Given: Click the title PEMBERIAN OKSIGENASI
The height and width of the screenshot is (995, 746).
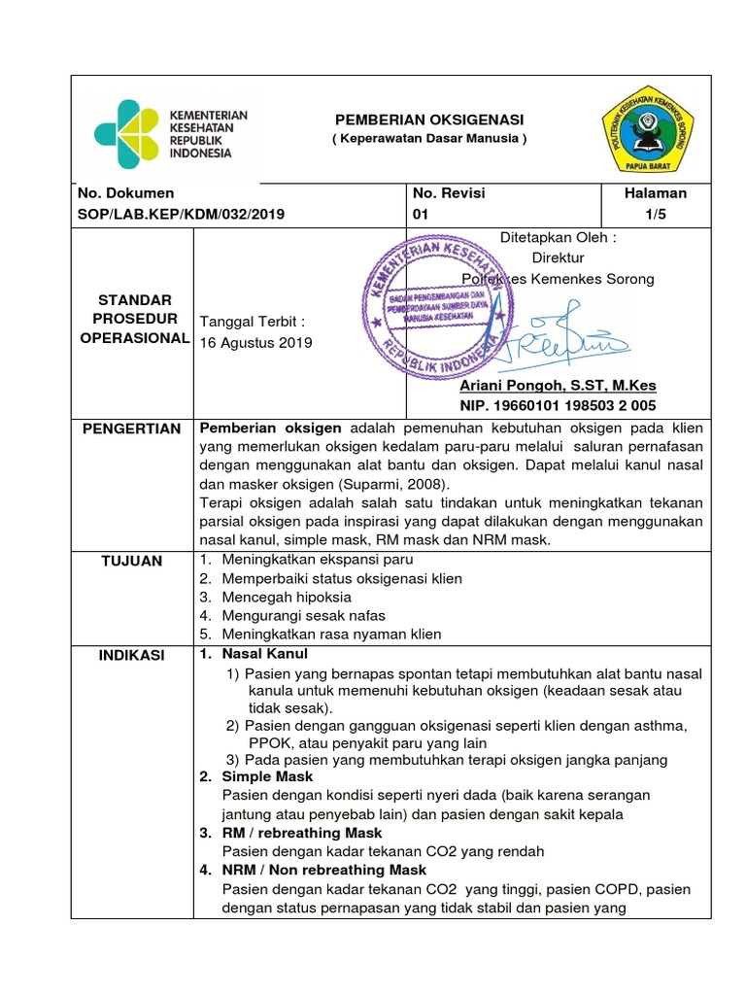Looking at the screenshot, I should (428, 119).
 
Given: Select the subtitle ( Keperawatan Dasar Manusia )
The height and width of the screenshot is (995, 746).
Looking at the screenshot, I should (428, 139).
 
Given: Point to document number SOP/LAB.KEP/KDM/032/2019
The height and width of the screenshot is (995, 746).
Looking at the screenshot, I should (181, 214).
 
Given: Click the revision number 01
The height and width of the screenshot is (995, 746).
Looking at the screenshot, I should (421, 214).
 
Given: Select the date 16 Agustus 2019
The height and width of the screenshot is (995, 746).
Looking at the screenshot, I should (254, 342).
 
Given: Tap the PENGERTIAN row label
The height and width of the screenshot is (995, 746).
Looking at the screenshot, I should (133, 429).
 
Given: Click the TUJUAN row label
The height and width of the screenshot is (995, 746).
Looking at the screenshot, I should (133, 561).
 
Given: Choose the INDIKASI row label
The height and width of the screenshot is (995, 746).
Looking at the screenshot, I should (133, 656).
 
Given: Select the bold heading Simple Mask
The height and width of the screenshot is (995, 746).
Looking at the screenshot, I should (267, 776).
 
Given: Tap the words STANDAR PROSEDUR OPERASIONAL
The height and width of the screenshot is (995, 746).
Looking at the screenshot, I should (133, 319).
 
